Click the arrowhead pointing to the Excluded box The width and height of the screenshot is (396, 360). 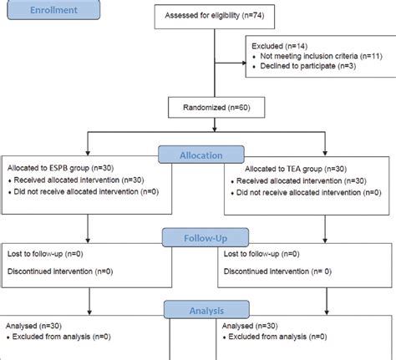click(x=243, y=60)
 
